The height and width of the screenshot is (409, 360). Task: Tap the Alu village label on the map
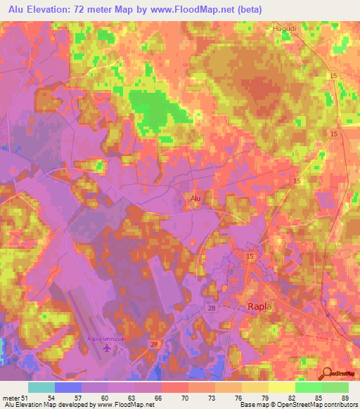point(198,199)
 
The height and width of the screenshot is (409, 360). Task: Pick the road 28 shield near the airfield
point(154,344)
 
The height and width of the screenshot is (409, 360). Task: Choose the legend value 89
point(345,398)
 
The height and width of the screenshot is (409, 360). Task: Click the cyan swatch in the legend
point(41,387)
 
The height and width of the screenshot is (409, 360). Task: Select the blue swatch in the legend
point(67,387)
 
